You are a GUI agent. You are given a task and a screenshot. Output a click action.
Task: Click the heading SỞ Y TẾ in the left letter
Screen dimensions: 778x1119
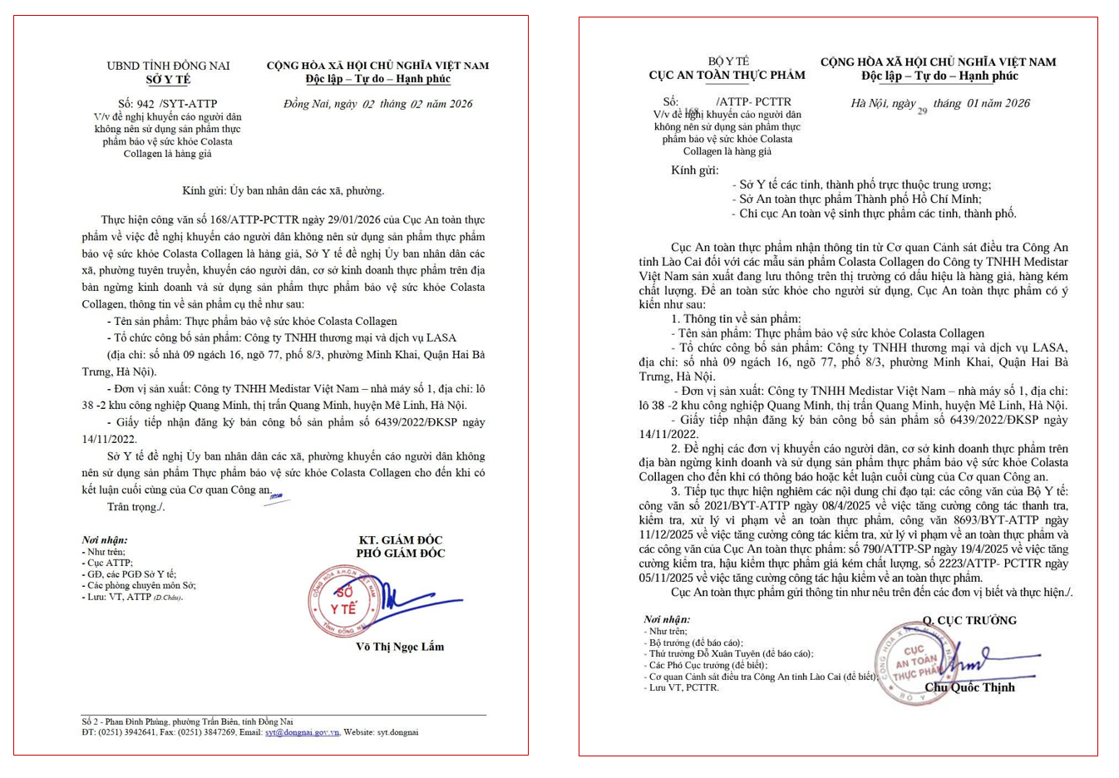pyautogui.click(x=168, y=80)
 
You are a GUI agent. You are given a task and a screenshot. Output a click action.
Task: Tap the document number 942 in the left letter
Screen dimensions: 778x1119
pyautogui.click(x=145, y=104)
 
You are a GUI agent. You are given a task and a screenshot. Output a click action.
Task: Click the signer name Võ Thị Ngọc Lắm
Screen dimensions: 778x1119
pyautogui.click(x=400, y=647)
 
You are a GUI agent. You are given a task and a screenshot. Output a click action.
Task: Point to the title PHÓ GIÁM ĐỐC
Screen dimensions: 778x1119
pyautogui.click(x=401, y=553)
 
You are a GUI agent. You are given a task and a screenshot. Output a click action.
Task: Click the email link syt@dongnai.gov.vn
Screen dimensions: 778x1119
pyautogui.click(x=302, y=732)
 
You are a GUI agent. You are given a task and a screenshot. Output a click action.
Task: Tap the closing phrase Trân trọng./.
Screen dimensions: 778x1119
pyautogui.click(x=136, y=507)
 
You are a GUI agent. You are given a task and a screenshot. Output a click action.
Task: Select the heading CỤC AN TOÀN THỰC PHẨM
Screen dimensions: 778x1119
pyautogui.click(x=727, y=75)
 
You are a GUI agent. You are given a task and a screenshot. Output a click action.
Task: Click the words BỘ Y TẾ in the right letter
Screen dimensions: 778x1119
pyautogui.click(x=728, y=61)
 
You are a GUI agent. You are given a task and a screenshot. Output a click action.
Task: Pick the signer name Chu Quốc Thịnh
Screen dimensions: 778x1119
pyautogui.click(x=969, y=687)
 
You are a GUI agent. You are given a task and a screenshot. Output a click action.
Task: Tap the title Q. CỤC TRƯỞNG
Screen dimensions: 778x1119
pyautogui.click(x=969, y=620)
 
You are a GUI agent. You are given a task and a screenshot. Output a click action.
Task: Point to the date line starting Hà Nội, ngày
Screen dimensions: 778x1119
pyautogui.click(x=939, y=104)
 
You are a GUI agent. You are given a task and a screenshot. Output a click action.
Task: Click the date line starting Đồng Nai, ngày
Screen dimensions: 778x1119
pyautogui.click(x=377, y=104)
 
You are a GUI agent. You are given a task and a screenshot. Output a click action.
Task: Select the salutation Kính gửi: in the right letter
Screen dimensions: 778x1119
pyautogui.click(x=695, y=170)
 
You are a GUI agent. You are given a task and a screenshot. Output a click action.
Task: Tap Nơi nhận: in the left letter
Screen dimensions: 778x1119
pyautogui.click(x=105, y=539)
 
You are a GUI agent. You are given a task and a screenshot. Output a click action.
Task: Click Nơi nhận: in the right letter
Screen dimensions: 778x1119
pyautogui.click(x=667, y=619)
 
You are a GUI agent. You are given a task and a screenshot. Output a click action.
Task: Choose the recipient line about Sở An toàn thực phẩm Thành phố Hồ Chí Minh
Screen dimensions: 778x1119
pyautogui.click(x=860, y=199)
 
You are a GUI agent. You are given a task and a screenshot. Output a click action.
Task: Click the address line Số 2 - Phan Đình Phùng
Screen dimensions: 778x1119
pyautogui.click(x=187, y=721)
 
